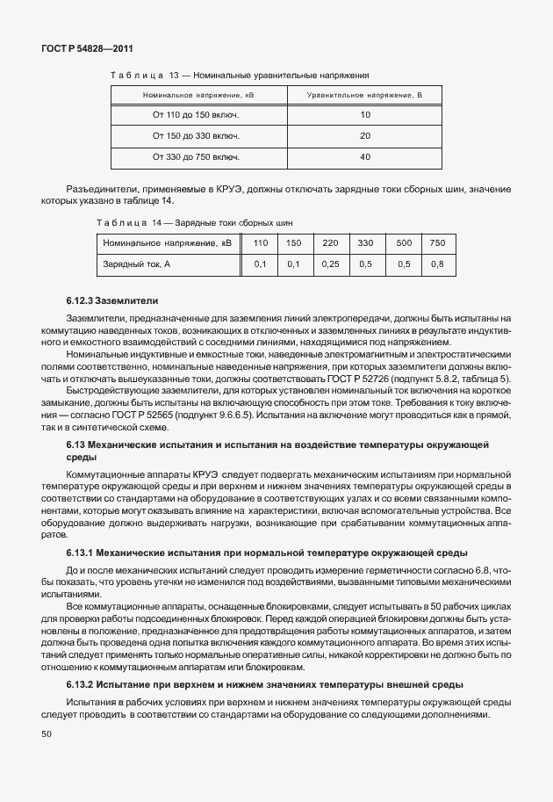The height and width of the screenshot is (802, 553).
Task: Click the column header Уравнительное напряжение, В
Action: (x=364, y=94)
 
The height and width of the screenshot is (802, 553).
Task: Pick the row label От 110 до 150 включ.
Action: (x=197, y=115)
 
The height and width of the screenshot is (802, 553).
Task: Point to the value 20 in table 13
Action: (x=365, y=136)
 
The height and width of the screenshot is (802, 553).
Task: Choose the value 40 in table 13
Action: (x=365, y=157)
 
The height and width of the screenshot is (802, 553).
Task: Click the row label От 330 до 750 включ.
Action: (x=197, y=157)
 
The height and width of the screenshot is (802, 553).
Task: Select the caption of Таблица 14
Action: (x=195, y=223)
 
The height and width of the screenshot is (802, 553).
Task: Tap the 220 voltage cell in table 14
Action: (x=330, y=242)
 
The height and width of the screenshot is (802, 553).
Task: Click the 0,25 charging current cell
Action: (x=330, y=264)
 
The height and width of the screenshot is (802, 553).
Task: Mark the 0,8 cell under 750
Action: (x=437, y=264)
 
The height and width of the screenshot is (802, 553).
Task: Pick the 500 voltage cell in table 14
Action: (x=404, y=242)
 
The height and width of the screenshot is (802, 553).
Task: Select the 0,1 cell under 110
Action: (x=260, y=264)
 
